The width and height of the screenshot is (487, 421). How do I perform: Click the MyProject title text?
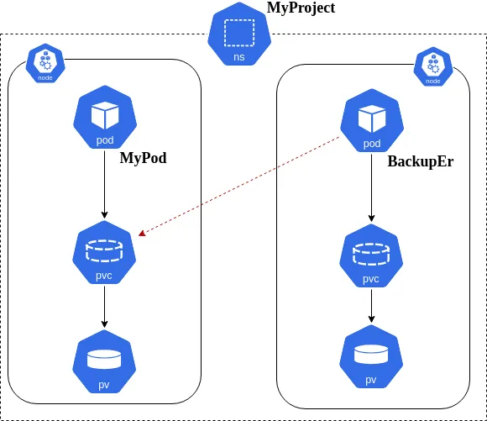coord(301,8)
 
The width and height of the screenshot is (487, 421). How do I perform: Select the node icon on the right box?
coord(432,67)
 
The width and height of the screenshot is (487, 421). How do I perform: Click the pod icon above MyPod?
coord(105,118)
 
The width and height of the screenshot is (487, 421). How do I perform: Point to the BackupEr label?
coord(420,161)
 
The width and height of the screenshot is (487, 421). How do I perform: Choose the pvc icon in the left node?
coord(104,254)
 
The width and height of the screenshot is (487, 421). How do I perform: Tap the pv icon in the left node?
coord(104,363)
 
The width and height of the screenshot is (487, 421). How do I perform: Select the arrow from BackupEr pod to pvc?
coord(371,189)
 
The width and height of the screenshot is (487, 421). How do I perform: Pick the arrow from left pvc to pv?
coord(104,308)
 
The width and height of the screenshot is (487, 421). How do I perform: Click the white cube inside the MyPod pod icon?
coord(105,114)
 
